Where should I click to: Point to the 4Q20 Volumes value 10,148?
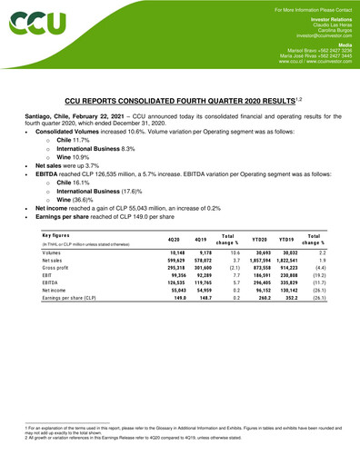[x=177, y=253]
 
